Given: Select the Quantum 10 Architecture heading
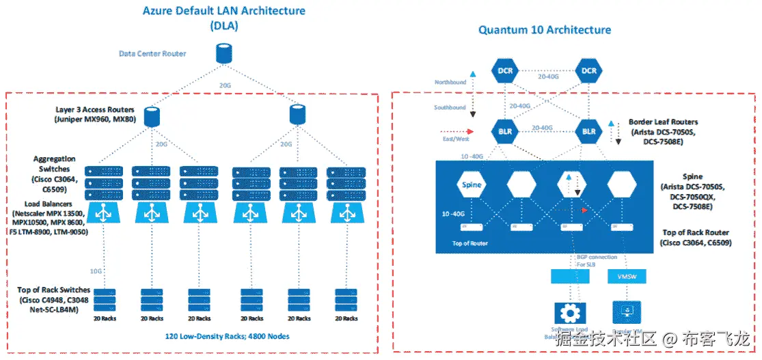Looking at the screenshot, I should pos(544,29).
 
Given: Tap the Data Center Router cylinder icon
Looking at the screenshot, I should pos(222,52).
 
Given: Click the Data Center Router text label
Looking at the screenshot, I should pos(152,53).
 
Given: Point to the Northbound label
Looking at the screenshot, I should pos(450,83).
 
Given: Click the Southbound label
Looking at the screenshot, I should pos(450,107).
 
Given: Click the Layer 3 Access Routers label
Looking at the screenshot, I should pos(95,114).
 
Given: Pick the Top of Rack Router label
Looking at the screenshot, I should pos(696,237).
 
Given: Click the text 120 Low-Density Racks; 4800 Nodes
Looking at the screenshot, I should pos(228,336).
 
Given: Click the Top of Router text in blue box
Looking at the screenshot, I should pos(469,243).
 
